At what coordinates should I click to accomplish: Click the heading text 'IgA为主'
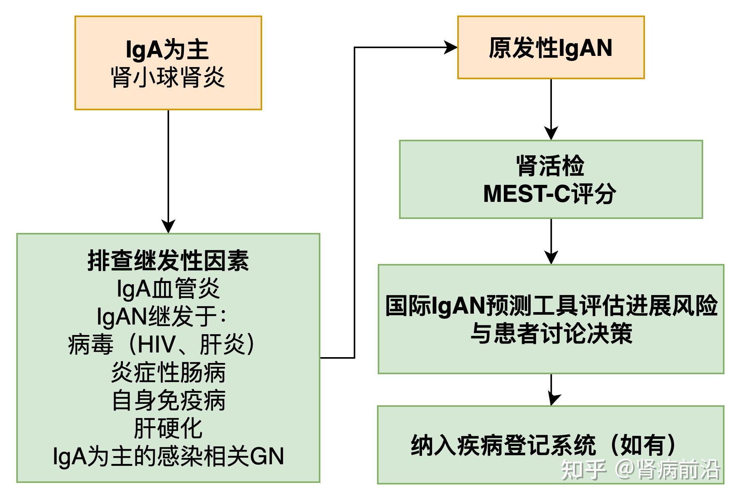168,50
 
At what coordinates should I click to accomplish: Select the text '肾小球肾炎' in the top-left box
168,77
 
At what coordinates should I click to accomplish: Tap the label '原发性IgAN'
551,48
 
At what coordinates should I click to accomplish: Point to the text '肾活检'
550,166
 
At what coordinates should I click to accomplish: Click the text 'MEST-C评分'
550,193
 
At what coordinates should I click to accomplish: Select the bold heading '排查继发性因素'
168,260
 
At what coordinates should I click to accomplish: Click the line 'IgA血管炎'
168,288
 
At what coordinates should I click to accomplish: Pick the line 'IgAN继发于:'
161,316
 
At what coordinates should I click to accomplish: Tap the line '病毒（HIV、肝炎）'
162,344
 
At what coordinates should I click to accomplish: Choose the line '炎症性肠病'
168,372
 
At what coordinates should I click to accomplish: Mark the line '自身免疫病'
168,400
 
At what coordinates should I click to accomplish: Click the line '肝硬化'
168,428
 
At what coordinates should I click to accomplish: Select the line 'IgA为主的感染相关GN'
168,456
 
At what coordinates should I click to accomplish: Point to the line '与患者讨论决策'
551,333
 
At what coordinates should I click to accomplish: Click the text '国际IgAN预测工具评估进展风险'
551,306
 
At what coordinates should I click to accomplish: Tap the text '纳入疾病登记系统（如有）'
544,445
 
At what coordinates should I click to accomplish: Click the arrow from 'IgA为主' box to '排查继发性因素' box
168,172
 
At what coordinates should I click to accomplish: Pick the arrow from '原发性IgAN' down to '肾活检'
551,109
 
